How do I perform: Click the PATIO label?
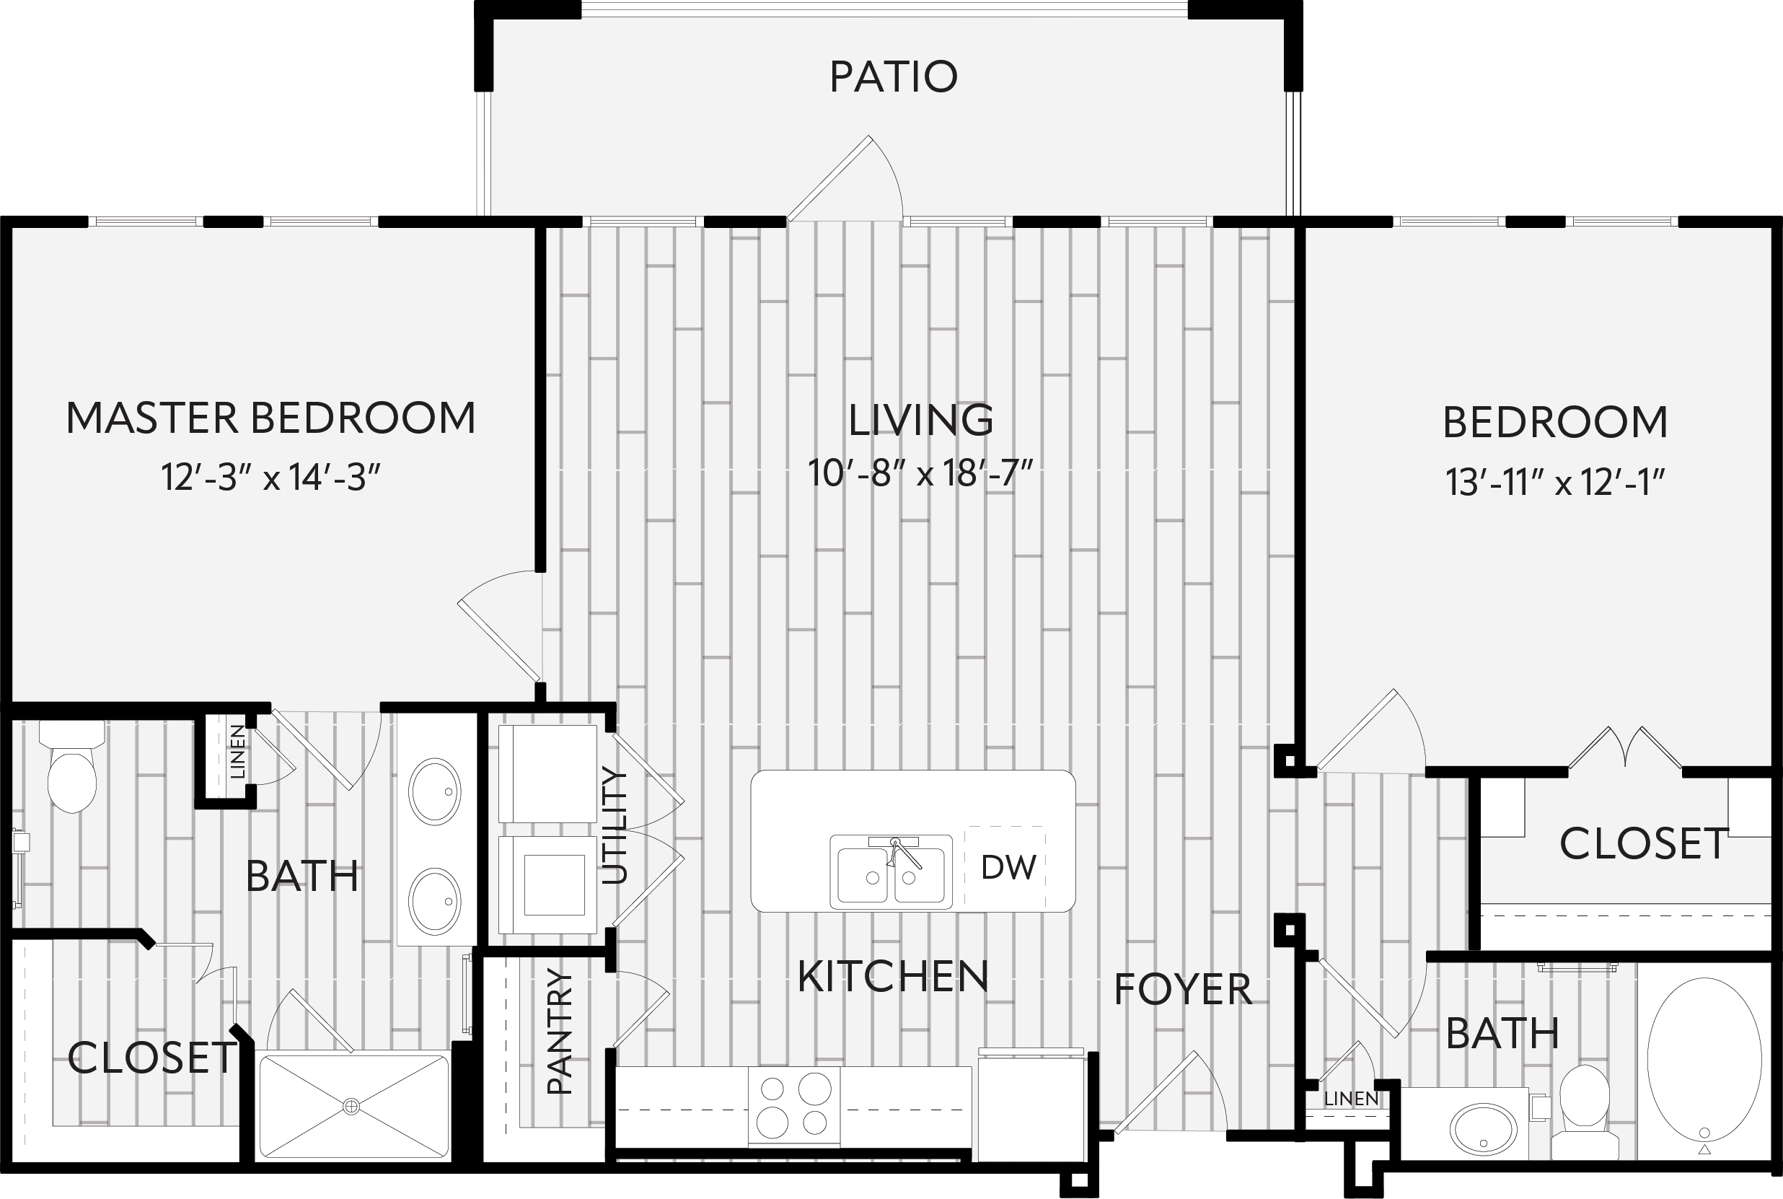(893, 76)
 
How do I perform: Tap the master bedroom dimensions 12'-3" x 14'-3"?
(270, 477)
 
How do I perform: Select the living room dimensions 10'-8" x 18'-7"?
(920, 473)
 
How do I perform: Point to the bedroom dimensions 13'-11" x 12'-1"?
(1555, 482)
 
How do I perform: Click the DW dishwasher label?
(1008, 867)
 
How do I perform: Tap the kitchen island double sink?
(891, 871)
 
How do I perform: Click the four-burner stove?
(793, 1107)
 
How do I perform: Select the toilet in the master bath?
(72, 766)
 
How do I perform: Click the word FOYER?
(1183, 991)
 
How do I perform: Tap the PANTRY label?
(560, 1032)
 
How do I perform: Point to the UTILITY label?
(614, 826)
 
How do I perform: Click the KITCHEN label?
(893, 977)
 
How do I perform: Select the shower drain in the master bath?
(352, 1106)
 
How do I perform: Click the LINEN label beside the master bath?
(238, 752)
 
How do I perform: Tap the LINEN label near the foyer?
(1351, 1099)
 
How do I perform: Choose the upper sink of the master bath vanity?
(435, 791)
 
